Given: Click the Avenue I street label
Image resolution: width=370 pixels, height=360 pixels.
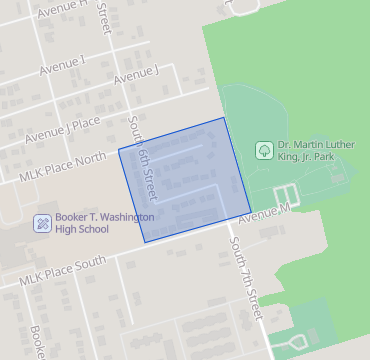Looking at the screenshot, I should (x=62, y=68).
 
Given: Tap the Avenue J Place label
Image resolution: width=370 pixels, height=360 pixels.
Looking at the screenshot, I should (x=63, y=129).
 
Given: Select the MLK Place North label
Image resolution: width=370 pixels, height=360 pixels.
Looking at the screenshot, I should (x=62, y=166).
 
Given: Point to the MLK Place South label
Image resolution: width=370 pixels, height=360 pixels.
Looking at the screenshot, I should (x=61, y=271).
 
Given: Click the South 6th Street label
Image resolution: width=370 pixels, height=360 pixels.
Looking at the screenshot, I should (x=143, y=154).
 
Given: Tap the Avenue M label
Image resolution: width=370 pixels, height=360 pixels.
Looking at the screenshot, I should (x=263, y=212).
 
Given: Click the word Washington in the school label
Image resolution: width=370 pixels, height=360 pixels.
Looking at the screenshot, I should (x=119, y=216).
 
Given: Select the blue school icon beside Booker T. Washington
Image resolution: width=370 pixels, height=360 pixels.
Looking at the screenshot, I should (x=43, y=222).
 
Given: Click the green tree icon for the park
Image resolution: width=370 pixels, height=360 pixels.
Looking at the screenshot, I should (x=264, y=150).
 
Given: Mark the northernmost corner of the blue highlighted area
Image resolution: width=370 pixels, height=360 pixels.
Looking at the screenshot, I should (x=223, y=118).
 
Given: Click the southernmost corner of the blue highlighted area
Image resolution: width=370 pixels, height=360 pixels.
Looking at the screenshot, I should (x=145, y=242).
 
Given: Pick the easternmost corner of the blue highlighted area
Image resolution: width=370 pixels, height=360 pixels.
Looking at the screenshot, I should (x=249, y=206).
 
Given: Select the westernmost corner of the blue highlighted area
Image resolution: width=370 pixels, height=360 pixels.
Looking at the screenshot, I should (x=119, y=151).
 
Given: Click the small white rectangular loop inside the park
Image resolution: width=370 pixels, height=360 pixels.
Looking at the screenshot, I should (x=285, y=196).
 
